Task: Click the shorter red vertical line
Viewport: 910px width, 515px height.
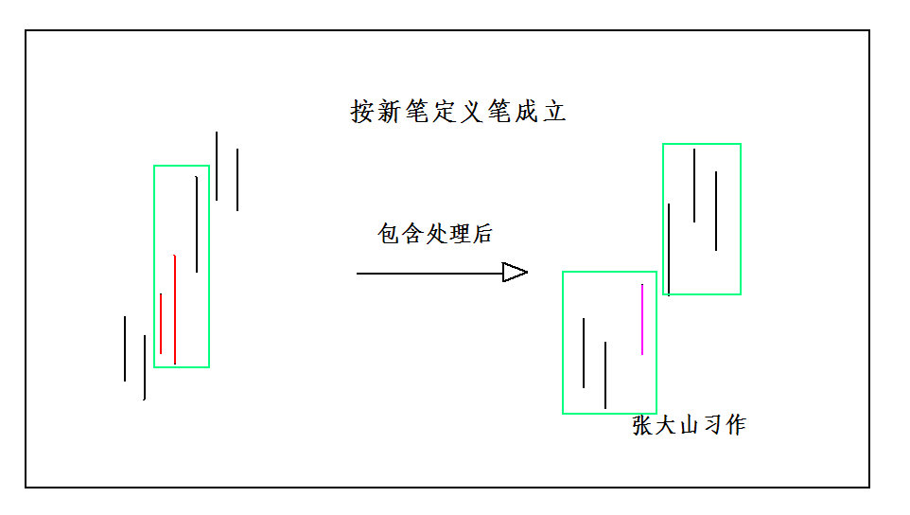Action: (x=161, y=323)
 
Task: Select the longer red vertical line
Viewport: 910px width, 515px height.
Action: (x=175, y=309)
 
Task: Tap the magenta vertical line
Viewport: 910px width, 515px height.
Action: (x=642, y=319)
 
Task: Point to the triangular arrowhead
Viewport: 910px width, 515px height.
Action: (x=514, y=273)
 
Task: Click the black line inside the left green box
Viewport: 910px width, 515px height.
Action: (x=197, y=223)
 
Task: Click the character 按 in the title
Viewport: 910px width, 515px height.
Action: (x=362, y=112)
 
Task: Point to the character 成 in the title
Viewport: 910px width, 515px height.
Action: (x=527, y=112)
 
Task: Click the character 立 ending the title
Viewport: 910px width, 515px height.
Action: (x=554, y=112)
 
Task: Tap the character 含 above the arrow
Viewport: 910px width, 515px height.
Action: (x=412, y=234)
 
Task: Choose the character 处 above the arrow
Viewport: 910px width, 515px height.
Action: (x=435, y=234)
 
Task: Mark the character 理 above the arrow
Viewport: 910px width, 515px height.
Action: (x=459, y=234)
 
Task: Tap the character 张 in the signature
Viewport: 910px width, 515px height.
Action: (x=643, y=425)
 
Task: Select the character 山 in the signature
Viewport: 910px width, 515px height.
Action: (x=690, y=425)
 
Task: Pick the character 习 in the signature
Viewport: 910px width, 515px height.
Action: (x=712, y=425)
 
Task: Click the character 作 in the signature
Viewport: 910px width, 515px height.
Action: (x=735, y=425)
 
